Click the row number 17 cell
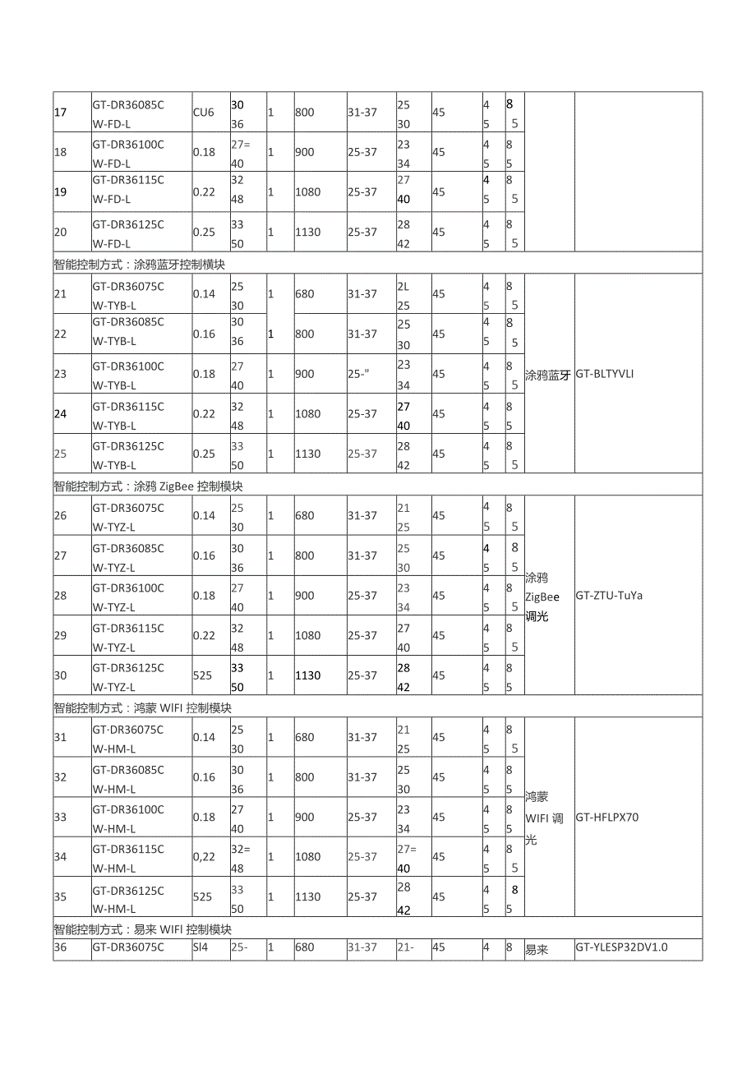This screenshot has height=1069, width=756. click(61, 113)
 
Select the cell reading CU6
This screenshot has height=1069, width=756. click(203, 113)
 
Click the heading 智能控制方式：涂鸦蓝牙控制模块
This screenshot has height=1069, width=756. click(140, 265)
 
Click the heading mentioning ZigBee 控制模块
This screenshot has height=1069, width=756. click(149, 486)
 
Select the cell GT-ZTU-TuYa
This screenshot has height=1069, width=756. click(609, 595)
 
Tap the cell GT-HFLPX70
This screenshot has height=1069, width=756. click(607, 818)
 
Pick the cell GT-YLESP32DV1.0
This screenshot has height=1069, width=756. click(621, 947)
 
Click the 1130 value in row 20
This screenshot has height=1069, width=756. click(307, 233)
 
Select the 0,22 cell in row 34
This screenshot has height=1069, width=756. click(204, 857)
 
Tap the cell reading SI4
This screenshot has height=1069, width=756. click(201, 947)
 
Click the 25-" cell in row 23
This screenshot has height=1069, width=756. click(358, 374)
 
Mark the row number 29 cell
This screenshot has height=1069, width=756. click(61, 636)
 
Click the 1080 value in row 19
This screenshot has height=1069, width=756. click(307, 192)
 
